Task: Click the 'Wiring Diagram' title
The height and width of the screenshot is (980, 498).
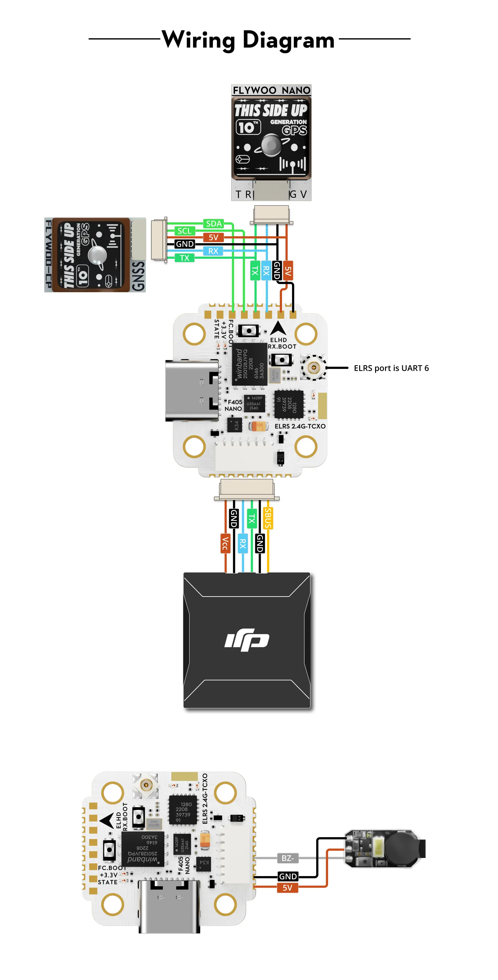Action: click(x=248, y=39)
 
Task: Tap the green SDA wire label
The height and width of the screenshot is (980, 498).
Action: click(x=214, y=224)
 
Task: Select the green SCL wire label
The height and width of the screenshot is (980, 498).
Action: click(x=184, y=231)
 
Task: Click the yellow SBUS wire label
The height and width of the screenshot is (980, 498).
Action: click(x=268, y=518)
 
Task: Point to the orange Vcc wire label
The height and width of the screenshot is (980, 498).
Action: click(x=225, y=543)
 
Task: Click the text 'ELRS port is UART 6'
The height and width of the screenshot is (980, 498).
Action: click(x=391, y=368)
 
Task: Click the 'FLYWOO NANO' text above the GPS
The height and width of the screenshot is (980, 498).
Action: click(x=271, y=90)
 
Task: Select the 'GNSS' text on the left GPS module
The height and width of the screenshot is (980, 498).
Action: click(x=138, y=276)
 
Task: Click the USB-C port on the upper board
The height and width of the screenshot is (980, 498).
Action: click(x=192, y=391)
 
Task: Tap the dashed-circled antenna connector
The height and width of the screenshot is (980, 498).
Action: click(x=313, y=368)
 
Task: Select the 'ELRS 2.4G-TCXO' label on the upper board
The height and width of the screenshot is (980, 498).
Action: click(x=300, y=426)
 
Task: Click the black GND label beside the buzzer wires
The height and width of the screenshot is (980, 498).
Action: click(x=288, y=876)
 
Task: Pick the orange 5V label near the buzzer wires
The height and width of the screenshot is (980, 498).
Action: click(x=288, y=888)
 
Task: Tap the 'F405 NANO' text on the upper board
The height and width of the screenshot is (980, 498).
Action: click(x=233, y=405)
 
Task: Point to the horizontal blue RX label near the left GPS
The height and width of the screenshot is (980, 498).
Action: click(x=213, y=251)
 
